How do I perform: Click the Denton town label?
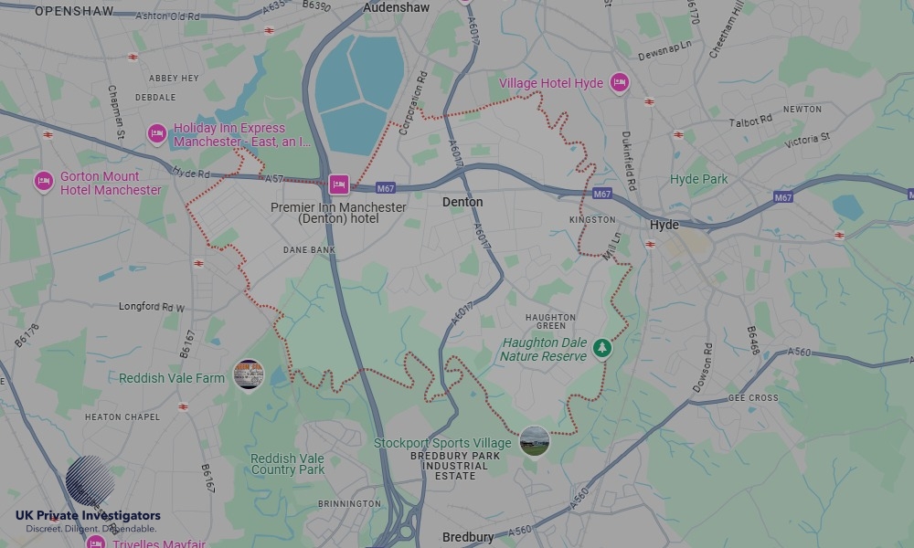pyautogui.click(x=462, y=202)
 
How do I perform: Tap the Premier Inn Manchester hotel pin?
pyautogui.click(x=338, y=185)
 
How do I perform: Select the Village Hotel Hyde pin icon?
pyautogui.click(x=620, y=83)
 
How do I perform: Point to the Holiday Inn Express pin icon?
pyautogui.click(x=157, y=134)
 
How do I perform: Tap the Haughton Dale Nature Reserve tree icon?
pyautogui.click(x=601, y=348)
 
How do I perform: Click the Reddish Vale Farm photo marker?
pyautogui.click(x=249, y=374)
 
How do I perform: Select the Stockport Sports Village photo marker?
pyautogui.click(x=534, y=441)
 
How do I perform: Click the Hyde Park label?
pyautogui.click(x=699, y=179)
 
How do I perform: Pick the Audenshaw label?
pyautogui.click(x=398, y=7)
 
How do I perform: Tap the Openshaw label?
pyautogui.click(x=74, y=11)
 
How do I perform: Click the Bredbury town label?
pyautogui.click(x=468, y=537)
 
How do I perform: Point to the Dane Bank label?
pyautogui.click(x=309, y=249)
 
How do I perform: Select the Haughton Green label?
pyautogui.click(x=550, y=322)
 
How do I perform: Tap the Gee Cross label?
pyautogui.click(x=753, y=398)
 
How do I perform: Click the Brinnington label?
pyautogui.click(x=349, y=503)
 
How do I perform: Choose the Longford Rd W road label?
pyautogui.click(x=152, y=307)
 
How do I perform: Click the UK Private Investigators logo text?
pyautogui.click(x=88, y=516)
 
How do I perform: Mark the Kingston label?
pyautogui.click(x=592, y=220)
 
